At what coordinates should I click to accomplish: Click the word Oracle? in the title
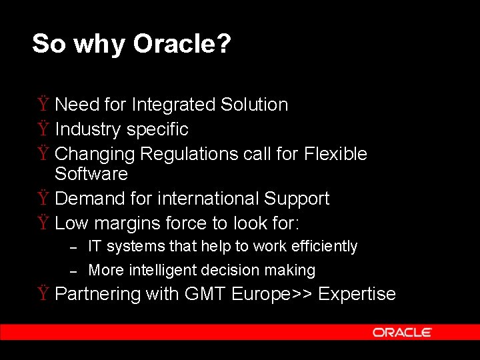click(182, 44)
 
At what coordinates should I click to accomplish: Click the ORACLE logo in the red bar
click(402, 332)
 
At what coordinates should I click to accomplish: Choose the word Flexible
click(335, 154)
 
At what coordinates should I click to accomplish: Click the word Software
click(91, 174)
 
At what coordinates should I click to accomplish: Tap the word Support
click(297, 199)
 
